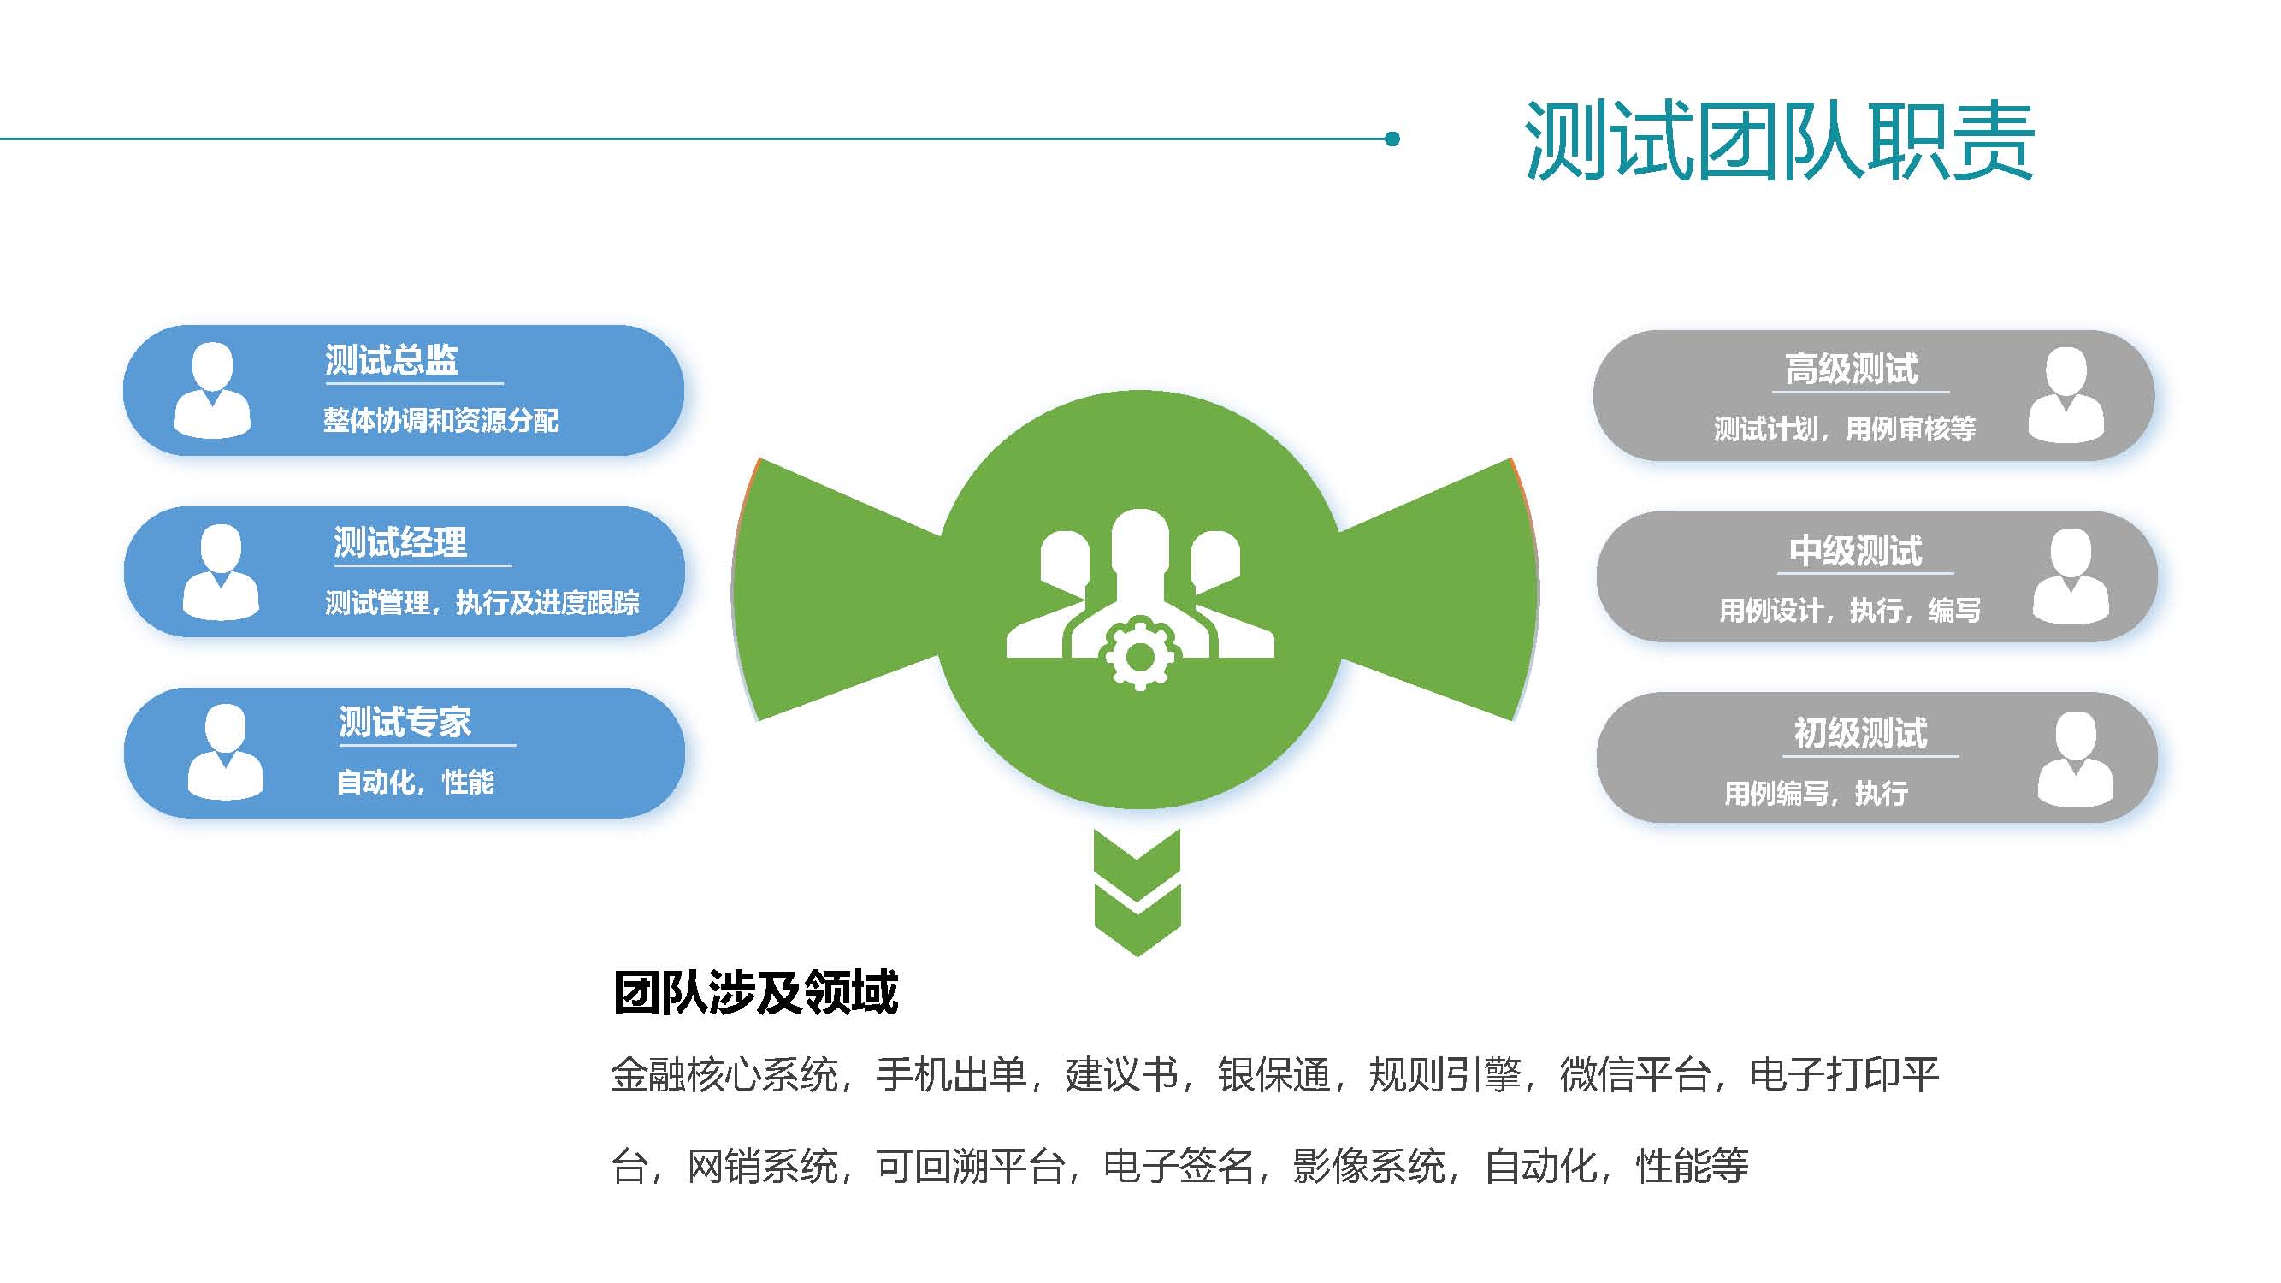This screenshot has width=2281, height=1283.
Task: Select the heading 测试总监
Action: click(392, 360)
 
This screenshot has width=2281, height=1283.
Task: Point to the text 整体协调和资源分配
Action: click(441, 421)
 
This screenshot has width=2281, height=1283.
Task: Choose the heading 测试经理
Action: click(400, 542)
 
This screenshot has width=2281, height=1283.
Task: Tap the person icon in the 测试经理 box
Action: click(221, 572)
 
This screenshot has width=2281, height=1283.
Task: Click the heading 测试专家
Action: click(405, 723)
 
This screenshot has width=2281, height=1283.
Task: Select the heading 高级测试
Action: click(1852, 370)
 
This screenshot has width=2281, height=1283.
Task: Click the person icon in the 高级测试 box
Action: click(2065, 395)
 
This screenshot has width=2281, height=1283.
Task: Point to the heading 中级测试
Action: click(1856, 551)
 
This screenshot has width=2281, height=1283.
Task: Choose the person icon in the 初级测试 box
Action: click(2076, 759)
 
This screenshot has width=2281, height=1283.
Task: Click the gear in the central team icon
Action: click(1139, 656)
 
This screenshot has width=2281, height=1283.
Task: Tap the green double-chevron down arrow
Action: click(1138, 892)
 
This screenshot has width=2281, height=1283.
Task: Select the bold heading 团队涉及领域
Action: click(756, 991)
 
